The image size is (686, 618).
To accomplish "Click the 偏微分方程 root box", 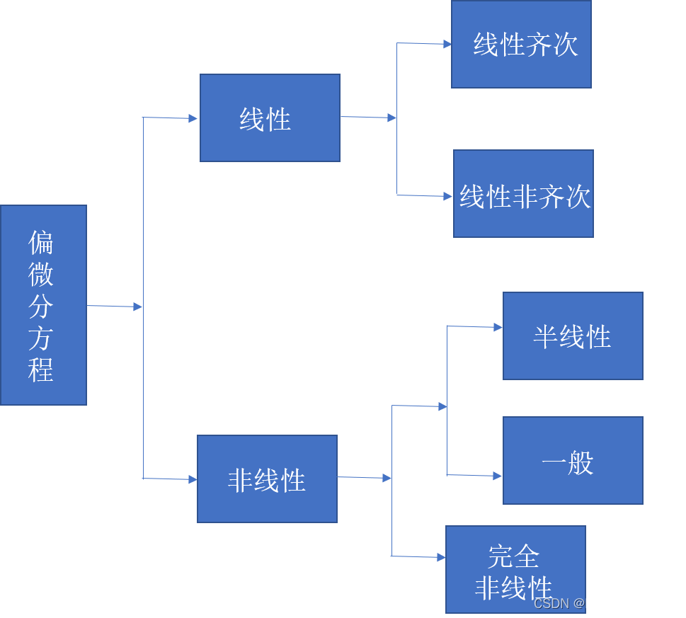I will tap(43, 305).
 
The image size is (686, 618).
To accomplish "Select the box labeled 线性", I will tap(270, 118).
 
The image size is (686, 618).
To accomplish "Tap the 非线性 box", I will tap(267, 479).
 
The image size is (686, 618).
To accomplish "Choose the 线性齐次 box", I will tap(521, 45).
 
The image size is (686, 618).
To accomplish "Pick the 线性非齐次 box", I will tap(523, 193).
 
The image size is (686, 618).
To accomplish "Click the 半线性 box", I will tap(573, 336).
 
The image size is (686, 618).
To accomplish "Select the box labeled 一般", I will tap(573, 460).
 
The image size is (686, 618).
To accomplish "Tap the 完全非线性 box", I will tap(515, 569).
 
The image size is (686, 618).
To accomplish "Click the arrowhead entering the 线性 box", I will tap(193, 119).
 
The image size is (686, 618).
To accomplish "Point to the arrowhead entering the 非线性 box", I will tap(192, 479).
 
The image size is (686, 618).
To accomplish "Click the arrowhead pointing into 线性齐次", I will tap(447, 44).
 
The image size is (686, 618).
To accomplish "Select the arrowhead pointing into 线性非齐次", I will tap(448, 196).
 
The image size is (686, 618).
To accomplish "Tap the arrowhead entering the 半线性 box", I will tap(498, 328).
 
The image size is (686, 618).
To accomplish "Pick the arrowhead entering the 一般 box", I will tap(498, 476).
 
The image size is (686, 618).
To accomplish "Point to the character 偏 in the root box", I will tap(41, 243).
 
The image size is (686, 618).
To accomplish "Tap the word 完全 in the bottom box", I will tap(514, 556).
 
